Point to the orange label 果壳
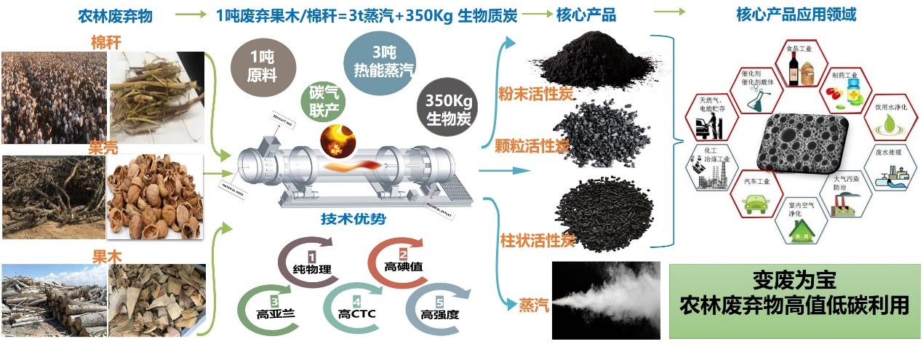(103, 148)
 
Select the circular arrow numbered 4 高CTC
(355, 306)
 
